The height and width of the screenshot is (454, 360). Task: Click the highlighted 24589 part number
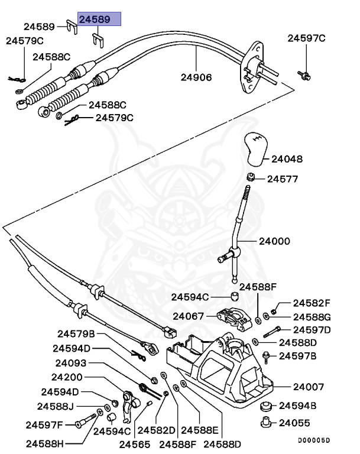point(99,20)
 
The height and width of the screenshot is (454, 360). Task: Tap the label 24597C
point(306,39)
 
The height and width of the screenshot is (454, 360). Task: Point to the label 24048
point(287,159)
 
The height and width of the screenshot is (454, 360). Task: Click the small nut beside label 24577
point(251,177)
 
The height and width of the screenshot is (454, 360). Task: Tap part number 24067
point(190,316)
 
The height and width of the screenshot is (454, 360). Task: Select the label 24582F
point(312,302)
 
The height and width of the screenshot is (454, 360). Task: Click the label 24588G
point(312,316)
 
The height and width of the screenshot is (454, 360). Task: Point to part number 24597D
point(312,329)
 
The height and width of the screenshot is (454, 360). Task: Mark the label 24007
point(309,387)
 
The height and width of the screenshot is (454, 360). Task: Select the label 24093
point(71,363)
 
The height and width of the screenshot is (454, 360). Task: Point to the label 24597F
point(44,424)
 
